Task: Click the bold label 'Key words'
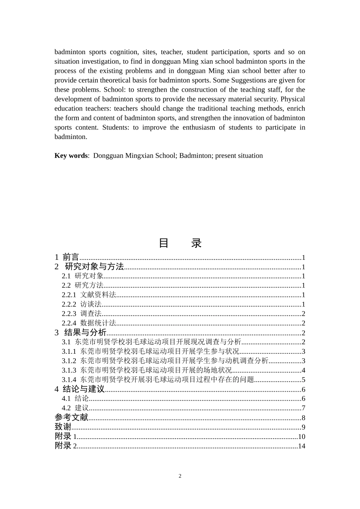click(71, 156)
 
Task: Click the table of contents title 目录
click(180, 243)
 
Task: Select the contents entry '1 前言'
click(67, 257)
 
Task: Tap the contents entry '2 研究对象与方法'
click(89, 267)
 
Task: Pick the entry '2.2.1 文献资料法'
click(89, 295)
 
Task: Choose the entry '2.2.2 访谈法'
click(81, 304)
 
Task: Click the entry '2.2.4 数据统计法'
click(89, 323)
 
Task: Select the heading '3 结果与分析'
click(80, 333)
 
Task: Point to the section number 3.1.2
click(69, 361)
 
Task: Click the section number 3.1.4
click(69, 379)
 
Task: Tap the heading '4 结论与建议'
click(80, 389)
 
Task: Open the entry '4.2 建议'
click(75, 408)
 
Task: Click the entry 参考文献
click(71, 417)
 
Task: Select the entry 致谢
click(63, 427)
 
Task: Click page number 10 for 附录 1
click(301, 437)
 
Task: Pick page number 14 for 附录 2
click(301, 446)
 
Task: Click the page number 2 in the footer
click(180, 476)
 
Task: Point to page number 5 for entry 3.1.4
click(304, 380)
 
